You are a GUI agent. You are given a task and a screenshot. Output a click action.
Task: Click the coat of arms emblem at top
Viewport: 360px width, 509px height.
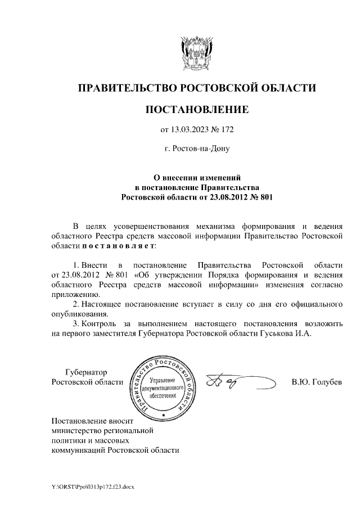click(197, 53)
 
